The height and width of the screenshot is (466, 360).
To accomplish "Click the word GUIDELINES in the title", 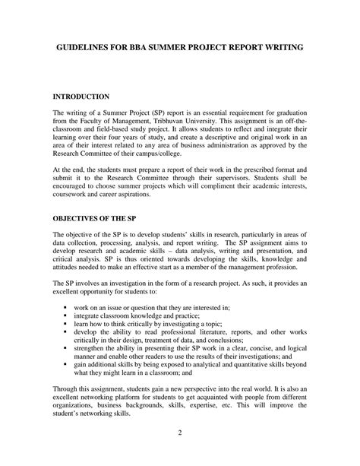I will point(81,47).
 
